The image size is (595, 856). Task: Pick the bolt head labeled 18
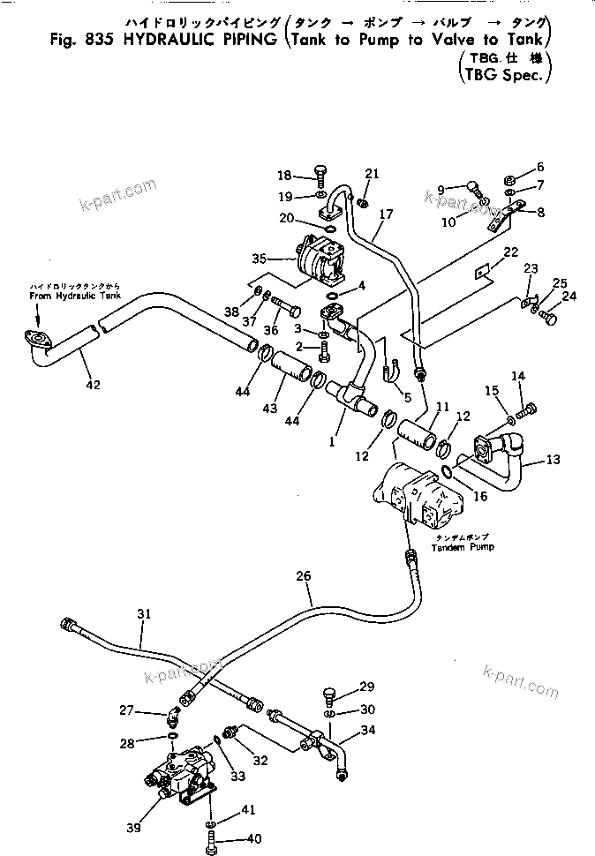296,176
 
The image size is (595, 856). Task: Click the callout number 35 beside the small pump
259,259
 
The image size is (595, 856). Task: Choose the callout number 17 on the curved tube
385,214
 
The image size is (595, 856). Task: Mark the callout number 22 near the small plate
510,252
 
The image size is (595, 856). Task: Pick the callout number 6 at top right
540,167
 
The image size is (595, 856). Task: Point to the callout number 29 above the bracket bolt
366,687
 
